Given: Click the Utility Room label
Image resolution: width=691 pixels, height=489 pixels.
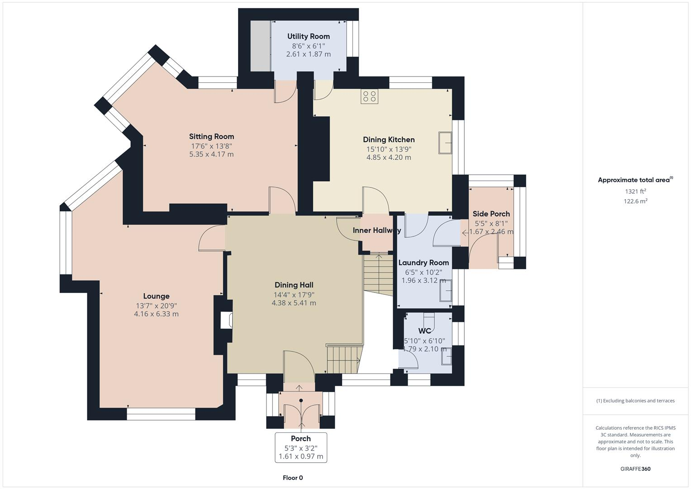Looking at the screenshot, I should (x=308, y=36).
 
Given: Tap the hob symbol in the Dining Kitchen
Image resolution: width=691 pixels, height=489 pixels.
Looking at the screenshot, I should (x=369, y=96).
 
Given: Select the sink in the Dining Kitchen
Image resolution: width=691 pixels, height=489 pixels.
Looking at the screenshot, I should (x=445, y=143).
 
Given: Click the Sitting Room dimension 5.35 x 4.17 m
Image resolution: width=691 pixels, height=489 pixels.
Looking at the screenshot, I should (x=211, y=154).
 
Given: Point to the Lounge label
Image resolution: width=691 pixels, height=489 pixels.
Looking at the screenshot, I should (x=156, y=296).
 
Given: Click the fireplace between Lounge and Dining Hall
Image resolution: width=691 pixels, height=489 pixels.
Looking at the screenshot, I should (x=226, y=320).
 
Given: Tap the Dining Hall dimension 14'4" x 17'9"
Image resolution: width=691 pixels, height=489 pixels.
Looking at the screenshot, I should (x=294, y=294).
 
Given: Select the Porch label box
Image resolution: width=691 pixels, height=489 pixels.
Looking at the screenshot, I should (x=301, y=447).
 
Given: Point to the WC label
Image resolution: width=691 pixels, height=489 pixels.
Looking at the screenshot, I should (x=424, y=331).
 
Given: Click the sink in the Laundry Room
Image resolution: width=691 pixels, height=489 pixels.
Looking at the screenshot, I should (x=446, y=289).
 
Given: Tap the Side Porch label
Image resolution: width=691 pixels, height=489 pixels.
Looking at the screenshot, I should (x=491, y=214).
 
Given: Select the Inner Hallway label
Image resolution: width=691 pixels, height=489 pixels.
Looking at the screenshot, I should (x=376, y=230).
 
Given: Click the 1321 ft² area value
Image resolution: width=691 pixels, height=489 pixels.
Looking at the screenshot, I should (x=635, y=192).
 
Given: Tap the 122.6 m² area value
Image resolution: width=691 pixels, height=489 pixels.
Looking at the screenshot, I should (x=635, y=201).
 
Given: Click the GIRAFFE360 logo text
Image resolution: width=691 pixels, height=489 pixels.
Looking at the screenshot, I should (x=635, y=469).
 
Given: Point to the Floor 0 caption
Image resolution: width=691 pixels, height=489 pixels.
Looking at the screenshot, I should (x=293, y=478).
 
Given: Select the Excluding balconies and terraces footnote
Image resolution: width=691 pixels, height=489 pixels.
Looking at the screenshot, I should (x=635, y=401).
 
